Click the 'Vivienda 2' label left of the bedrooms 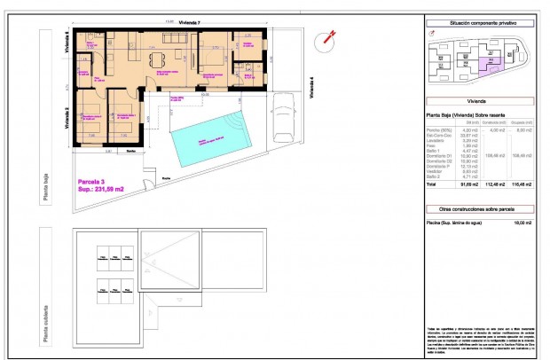click(x=67, y=119)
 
